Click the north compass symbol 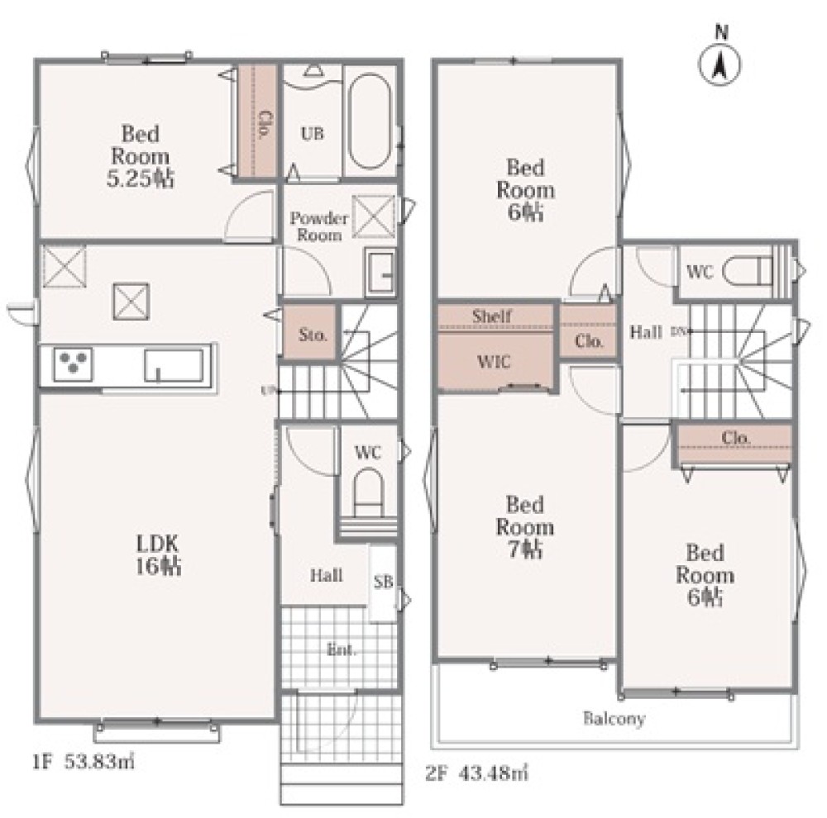coord(720,59)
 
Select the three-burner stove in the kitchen coord(74,364)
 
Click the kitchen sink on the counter coord(174,364)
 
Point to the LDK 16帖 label coord(158,554)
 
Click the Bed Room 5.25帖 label coord(140,156)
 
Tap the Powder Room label coord(319,226)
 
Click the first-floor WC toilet coord(368,492)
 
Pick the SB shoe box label coord(384,582)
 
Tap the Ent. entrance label coord(342,650)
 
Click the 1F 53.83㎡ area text coord(84,762)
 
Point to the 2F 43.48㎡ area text coord(476,773)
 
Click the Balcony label coord(614,719)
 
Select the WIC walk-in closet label coord(494,362)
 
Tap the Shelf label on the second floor coord(491,316)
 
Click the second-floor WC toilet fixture coord(748,272)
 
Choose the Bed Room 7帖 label coord(525,527)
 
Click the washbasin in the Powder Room coord(380,272)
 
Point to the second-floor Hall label coord(646,332)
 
